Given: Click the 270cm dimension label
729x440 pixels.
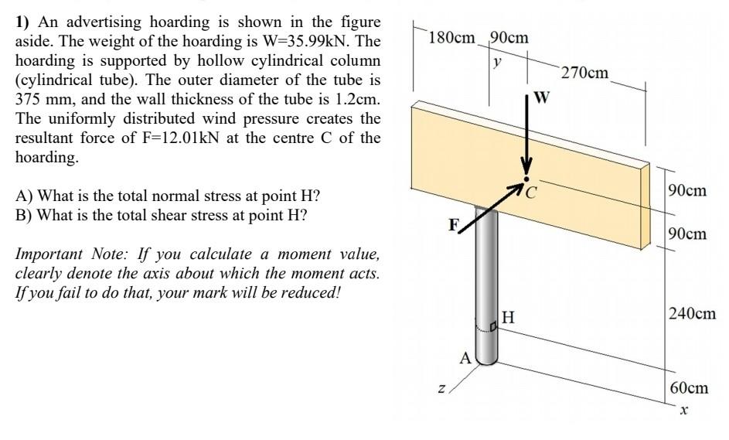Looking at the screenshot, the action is coord(585,73).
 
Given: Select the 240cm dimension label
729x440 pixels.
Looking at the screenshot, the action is coord(692,313).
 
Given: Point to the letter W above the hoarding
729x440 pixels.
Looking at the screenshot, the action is coord(542,97).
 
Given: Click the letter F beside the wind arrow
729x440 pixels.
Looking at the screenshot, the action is coord(455,225).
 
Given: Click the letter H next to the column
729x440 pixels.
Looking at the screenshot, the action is coord(508,316).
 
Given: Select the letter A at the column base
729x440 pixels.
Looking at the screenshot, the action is coord(465,357).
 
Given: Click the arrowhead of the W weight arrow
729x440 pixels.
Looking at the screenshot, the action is coord(527,172).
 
